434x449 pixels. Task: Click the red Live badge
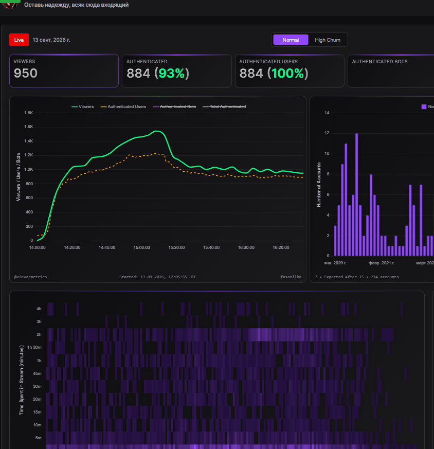point(19,40)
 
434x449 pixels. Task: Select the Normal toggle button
point(291,40)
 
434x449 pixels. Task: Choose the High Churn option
point(328,40)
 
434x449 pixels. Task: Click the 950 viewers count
point(26,73)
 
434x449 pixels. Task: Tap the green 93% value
point(172,74)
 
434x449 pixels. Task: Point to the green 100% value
point(288,74)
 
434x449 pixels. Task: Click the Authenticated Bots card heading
point(379,62)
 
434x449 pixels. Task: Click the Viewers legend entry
point(83,106)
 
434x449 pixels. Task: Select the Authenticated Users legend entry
point(123,106)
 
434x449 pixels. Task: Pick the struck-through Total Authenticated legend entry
point(224,106)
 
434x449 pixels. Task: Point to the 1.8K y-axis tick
point(29,113)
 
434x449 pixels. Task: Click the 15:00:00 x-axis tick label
point(142,247)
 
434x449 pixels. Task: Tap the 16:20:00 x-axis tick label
point(281,247)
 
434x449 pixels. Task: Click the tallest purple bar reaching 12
point(356,194)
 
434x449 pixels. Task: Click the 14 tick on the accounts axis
point(327,113)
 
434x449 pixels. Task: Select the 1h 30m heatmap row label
point(34,347)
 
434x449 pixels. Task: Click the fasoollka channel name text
point(291,277)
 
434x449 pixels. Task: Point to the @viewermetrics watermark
point(31,277)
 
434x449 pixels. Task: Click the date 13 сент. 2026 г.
point(51,40)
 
